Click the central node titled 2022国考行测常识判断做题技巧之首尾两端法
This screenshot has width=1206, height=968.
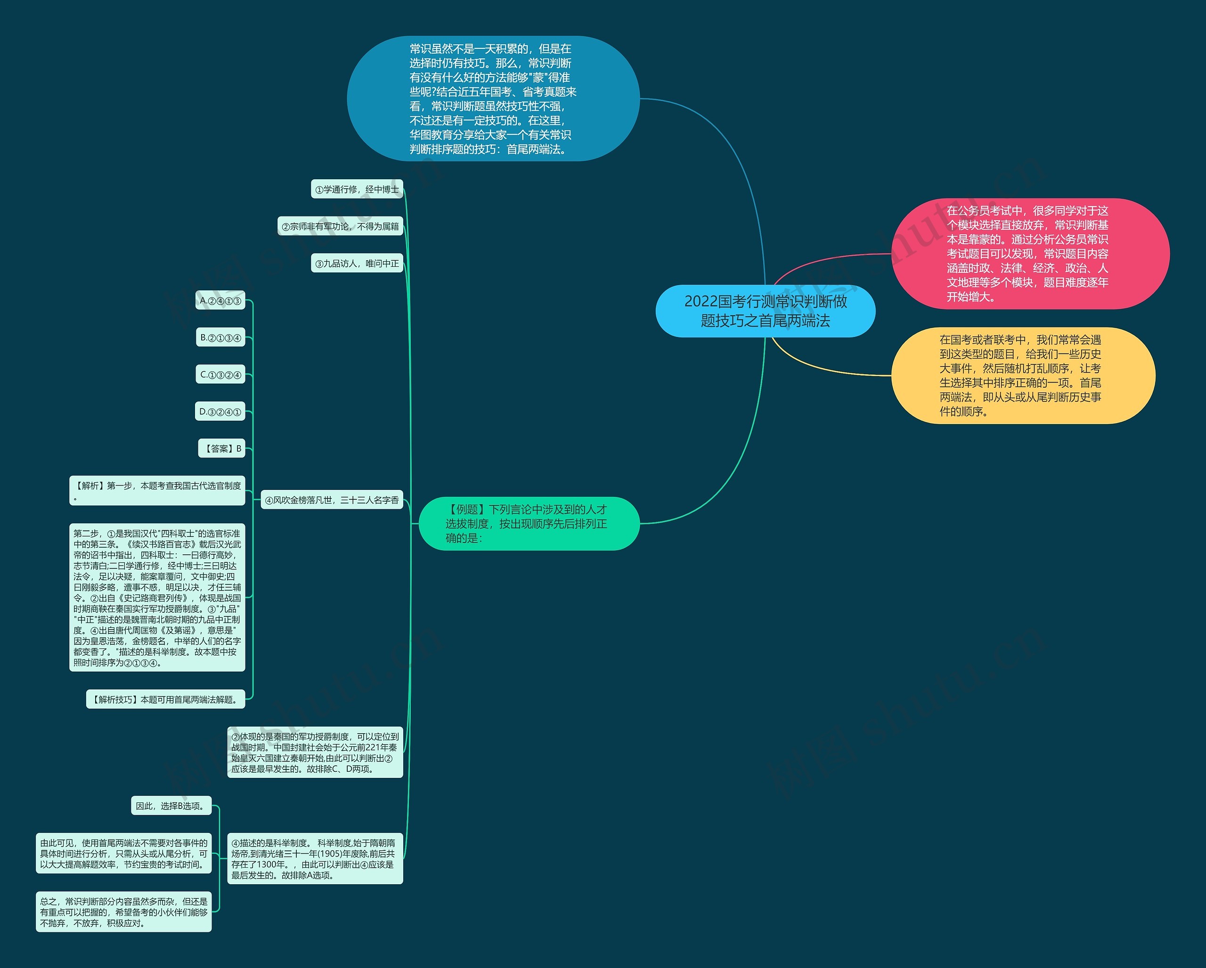tap(765, 311)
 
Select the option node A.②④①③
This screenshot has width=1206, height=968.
tap(220, 301)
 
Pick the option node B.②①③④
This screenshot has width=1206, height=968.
tap(220, 337)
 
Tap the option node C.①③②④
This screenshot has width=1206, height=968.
tap(220, 375)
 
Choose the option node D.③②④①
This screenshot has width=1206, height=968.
tap(220, 412)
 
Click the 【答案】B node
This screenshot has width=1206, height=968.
tap(222, 448)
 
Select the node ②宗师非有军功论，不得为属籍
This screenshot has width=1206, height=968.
tap(340, 226)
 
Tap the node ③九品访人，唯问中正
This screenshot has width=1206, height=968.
tap(357, 263)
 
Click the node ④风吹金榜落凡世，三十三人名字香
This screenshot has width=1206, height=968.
tap(332, 500)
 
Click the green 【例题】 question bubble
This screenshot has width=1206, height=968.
tap(529, 524)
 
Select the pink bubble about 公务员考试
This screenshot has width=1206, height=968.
tap(1029, 254)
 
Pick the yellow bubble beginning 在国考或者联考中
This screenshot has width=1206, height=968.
tap(1023, 376)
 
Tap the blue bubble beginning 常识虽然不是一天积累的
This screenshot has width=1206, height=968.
tap(493, 99)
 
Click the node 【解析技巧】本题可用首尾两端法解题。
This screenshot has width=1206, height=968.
tap(165, 699)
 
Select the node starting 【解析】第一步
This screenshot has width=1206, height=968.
tap(157, 491)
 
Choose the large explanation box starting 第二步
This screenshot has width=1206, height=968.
tap(157, 598)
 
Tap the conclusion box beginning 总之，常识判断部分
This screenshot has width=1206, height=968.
tap(123, 912)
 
